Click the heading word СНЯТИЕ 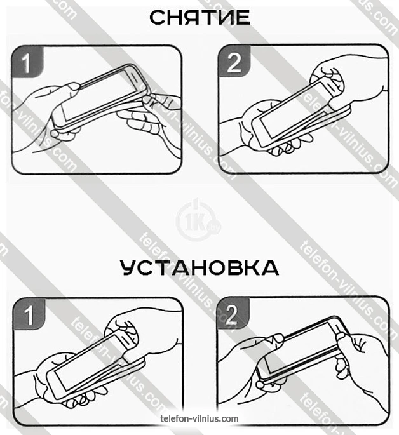[199, 17]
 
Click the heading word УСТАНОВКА [199, 268]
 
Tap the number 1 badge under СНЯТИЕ [27, 62]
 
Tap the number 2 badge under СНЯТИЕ [234, 62]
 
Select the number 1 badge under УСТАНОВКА [29, 314]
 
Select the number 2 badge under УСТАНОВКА [233, 314]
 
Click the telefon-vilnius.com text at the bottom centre [199, 418]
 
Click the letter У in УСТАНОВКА [129, 268]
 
